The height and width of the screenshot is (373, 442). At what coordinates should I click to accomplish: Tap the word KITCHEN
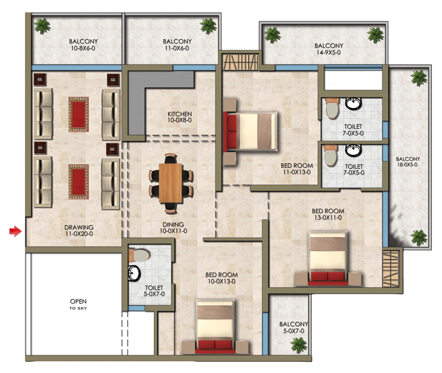click(179, 114)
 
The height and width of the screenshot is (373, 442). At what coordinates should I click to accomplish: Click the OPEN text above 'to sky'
click(78, 302)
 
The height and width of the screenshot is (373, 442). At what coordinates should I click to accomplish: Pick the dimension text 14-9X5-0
click(328, 53)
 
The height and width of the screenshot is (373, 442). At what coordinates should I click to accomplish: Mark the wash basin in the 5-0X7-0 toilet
click(133, 274)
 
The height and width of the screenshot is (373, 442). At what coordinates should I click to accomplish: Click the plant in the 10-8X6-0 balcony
click(42, 26)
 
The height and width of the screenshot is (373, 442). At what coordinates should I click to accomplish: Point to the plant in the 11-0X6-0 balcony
click(209, 25)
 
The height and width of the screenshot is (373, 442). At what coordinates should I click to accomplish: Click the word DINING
click(174, 224)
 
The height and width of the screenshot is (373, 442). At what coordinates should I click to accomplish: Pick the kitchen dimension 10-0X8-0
click(179, 121)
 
